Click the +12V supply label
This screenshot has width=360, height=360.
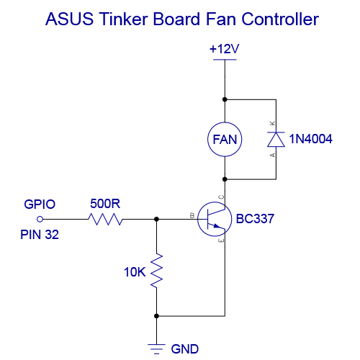(x=225, y=50)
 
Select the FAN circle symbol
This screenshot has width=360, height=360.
(x=225, y=139)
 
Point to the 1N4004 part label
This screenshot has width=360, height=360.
(x=310, y=139)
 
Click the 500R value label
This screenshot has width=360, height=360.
(x=105, y=203)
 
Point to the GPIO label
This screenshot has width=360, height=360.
(x=40, y=204)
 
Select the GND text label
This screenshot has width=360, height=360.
(x=184, y=349)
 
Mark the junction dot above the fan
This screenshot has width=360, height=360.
(x=225, y=99)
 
